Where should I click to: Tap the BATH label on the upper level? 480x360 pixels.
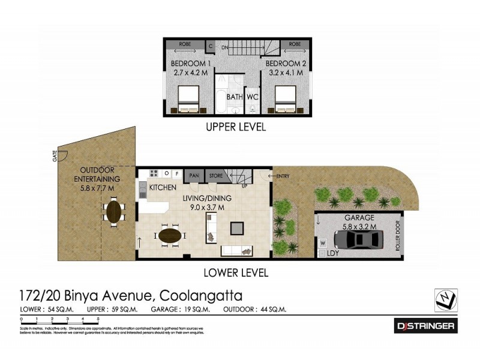(x=234, y=97)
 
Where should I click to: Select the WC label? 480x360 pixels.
(x=252, y=97)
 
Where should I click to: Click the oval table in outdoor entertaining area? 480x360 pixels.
(x=113, y=211)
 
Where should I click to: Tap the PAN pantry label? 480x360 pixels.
(x=194, y=175)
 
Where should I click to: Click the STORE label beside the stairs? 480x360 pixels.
(x=215, y=175)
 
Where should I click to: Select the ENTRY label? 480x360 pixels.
(x=283, y=176)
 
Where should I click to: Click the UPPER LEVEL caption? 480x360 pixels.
(x=235, y=127)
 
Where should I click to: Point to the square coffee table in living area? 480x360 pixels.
(x=238, y=227)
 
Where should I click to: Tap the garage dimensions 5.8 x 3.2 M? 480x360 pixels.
(x=360, y=226)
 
